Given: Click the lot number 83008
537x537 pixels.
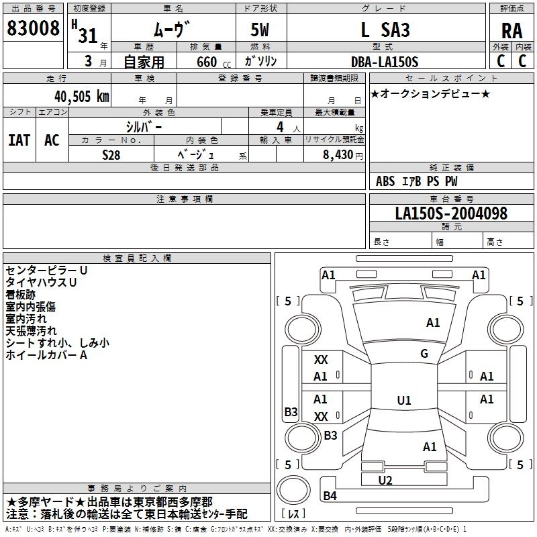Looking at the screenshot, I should click(33, 28).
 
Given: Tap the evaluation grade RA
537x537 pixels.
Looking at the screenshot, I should click(511, 30).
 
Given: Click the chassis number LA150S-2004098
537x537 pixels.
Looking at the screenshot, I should click(451, 213).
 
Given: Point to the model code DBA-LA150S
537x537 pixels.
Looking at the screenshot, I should click(385, 62).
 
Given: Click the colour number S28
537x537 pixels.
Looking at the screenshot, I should click(111, 154).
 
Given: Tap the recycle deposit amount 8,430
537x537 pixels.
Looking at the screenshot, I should click(333, 154).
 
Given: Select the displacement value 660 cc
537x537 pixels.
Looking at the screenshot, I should click(205, 62).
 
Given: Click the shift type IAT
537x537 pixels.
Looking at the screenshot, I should click(19, 140).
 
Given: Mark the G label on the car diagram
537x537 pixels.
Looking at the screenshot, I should click(424, 354).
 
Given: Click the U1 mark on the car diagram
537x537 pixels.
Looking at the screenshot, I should click(403, 401).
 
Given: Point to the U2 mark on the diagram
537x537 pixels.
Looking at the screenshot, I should click(385, 480).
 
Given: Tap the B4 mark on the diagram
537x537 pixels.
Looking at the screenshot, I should click(330, 496).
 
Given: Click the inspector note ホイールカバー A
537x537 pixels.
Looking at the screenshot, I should click(46, 355).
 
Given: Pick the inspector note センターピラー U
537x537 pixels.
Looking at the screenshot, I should click(46, 270).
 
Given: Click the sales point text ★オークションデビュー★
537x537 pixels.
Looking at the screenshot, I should click(430, 93).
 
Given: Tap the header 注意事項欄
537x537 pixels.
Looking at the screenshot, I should click(184, 199).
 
